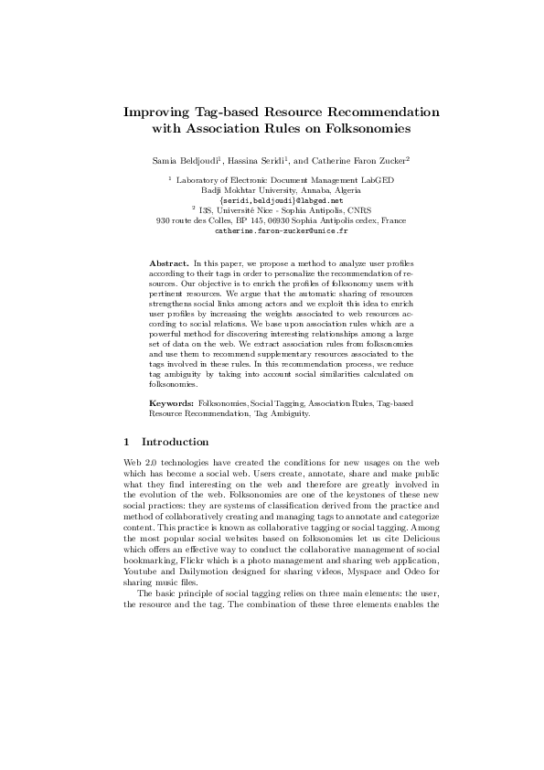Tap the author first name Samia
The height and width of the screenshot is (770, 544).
166,160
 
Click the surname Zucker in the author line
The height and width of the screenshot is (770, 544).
390,160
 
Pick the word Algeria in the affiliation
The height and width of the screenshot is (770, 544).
324,190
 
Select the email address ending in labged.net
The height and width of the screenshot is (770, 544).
272,200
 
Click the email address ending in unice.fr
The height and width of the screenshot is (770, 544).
272,230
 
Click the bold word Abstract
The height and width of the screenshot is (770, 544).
167,262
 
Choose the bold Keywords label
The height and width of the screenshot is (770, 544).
170,402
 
